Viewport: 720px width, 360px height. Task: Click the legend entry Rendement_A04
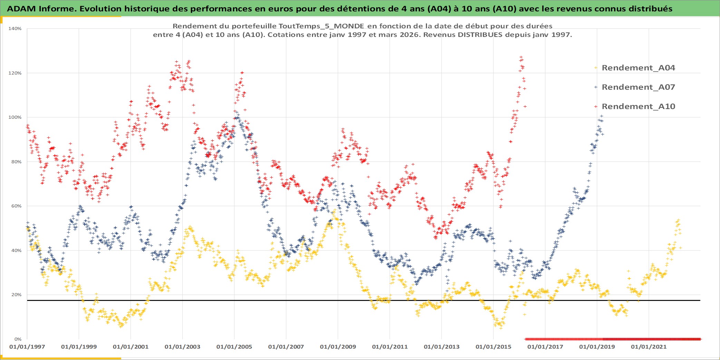pos(638,68)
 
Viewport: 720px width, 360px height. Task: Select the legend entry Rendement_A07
pos(638,87)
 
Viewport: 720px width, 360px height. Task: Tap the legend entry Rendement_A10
pos(638,106)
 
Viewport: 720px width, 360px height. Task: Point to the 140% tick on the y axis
pos(15,29)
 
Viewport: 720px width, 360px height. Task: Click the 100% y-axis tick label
pos(15,117)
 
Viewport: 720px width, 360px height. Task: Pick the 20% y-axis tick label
pos(16,295)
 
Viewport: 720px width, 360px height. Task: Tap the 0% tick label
pos(18,339)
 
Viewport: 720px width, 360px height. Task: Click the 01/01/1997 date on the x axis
pos(27,347)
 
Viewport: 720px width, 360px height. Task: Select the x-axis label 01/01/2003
pos(182,347)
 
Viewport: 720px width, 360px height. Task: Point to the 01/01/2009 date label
pos(338,347)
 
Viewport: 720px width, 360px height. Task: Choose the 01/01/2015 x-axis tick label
pos(493,347)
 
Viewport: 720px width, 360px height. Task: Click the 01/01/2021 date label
pos(649,347)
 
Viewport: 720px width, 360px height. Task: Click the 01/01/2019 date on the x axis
pos(597,347)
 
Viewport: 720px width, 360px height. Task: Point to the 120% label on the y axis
pos(15,73)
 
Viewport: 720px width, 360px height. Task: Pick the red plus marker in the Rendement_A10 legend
pos(596,106)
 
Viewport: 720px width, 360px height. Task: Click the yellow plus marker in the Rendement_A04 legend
pos(596,68)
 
